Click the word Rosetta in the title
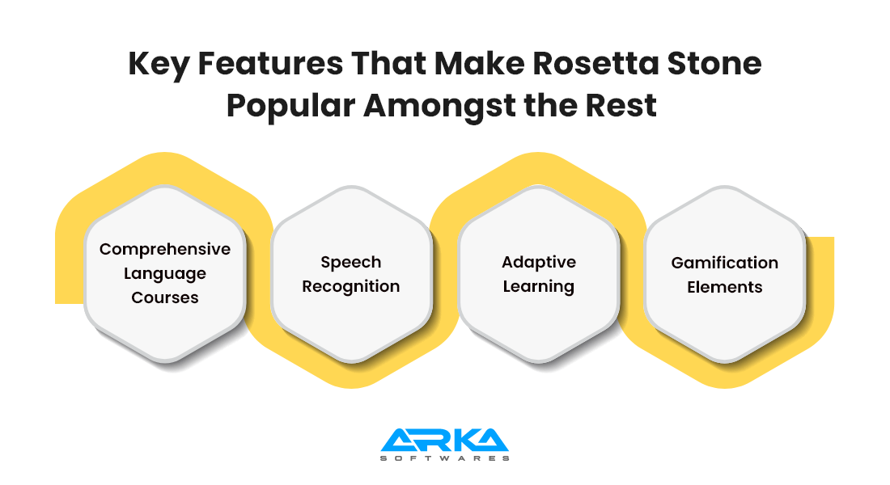click(x=595, y=63)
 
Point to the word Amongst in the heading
click(x=439, y=107)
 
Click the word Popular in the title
click(x=290, y=107)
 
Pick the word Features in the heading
click(x=270, y=63)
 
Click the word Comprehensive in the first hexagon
click(x=164, y=250)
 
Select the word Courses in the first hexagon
click(x=164, y=297)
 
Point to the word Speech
click(x=351, y=263)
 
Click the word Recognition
click(x=351, y=287)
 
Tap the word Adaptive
click(x=539, y=263)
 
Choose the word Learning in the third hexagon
click(x=539, y=287)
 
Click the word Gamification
click(x=724, y=263)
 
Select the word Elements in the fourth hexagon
click(x=724, y=287)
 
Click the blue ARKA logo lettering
click(x=444, y=441)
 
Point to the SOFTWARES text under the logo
click(x=444, y=458)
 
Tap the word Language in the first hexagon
click(x=164, y=274)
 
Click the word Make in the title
click(x=479, y=63)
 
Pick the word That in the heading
click(x=389, y=63)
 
